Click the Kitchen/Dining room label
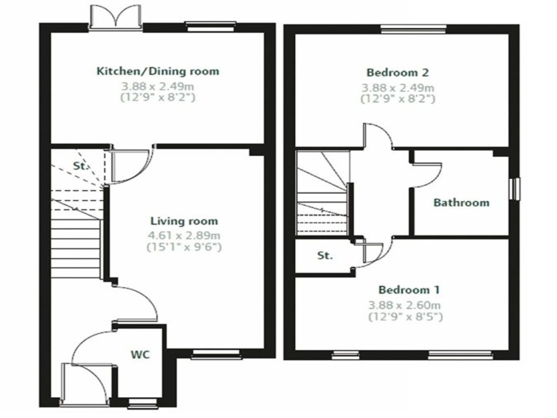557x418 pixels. (158, 71)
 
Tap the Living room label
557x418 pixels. (184, 221)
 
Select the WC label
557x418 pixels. (141, 354)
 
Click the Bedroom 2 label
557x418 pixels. (398, 72)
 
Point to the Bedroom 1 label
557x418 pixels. (409, 290)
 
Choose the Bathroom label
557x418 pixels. (461, 202)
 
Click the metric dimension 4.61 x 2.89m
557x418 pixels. (184, 236)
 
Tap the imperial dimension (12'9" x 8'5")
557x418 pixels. (406, 317)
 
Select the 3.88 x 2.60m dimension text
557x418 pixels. (405, 305)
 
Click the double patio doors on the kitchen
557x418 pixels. (115, 20)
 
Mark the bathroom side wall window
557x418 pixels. (516, 189)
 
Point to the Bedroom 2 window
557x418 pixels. (413, 29)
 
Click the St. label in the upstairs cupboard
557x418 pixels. (325, 256)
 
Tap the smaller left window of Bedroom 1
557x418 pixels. (346, 356)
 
